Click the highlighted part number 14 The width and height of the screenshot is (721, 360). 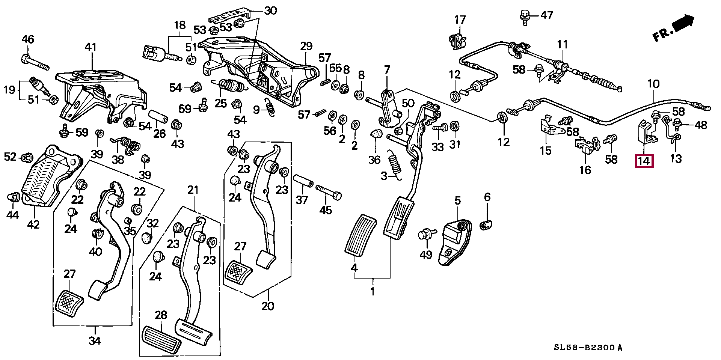[x=644, y=161]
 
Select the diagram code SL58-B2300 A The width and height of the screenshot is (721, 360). [x=588, y=348]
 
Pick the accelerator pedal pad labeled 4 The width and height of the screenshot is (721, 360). [x=360, y=236]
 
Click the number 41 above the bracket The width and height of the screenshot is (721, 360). [x=91, y=47]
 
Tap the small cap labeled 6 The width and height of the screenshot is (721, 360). [x=486, y=225]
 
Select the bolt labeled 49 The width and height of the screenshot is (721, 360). [x=426, y=235]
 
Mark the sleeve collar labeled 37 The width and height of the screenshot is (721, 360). [x=303, y=181]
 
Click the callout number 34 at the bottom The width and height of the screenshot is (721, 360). [x=95, y=341]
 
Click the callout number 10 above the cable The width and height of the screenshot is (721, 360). [x=653, y=84]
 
